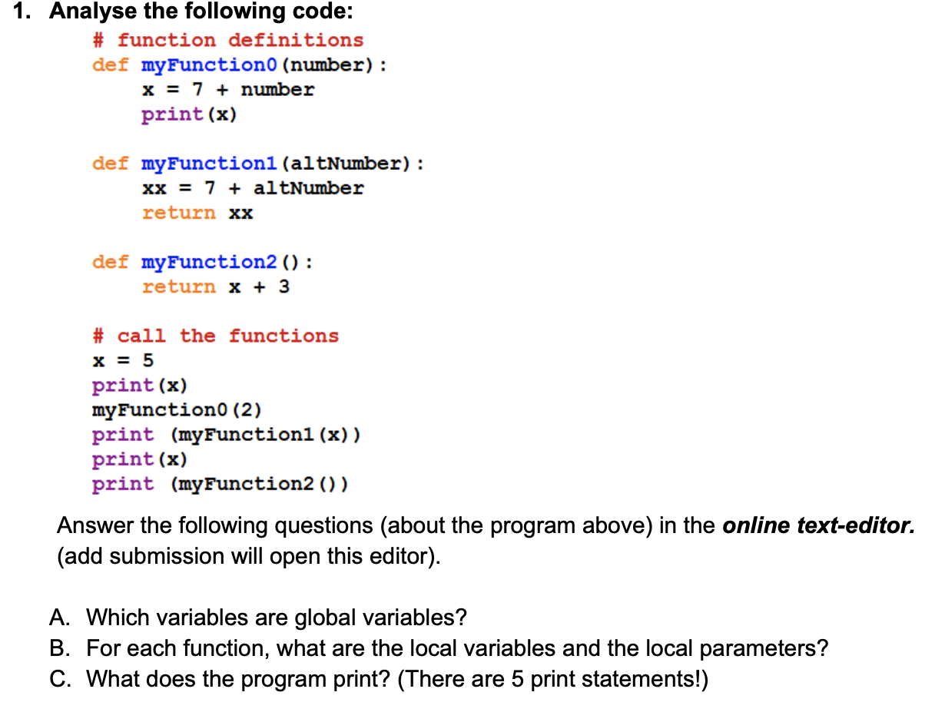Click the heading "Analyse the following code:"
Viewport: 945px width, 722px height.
(x=201, y=12)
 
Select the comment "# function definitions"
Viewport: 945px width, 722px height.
(x=227, y=40)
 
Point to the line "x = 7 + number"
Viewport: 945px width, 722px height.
(x=227, y=90)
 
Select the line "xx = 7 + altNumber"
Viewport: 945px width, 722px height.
(x=253, y=188)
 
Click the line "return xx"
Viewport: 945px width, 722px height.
(x=197, y=213)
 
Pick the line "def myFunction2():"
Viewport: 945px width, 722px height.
(x=202, y=262)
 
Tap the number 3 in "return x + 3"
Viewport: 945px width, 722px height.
(x=283, y=286)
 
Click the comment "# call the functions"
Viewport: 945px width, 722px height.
(x=215, y=336)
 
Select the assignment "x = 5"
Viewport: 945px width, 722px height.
(x=123, y=360)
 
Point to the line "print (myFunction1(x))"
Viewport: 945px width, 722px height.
(x=227, y=435)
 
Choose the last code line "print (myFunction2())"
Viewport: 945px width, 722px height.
(x=220, y=484)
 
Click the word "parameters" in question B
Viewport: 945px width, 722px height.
(x=761, y=648)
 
